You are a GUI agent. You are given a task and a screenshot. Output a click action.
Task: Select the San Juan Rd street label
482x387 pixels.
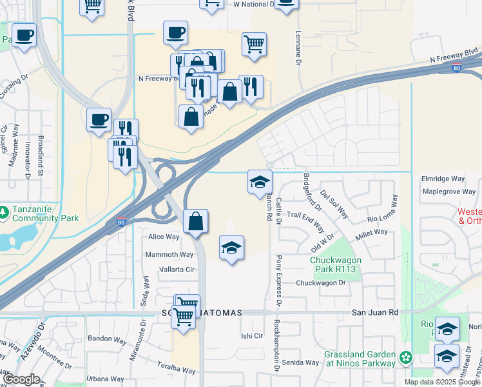click(x=375, y=312)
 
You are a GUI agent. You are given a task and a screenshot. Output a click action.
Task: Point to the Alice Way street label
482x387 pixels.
click(x=164, y=237)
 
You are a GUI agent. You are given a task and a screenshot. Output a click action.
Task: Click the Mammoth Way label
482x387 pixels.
click(x=169, y=255)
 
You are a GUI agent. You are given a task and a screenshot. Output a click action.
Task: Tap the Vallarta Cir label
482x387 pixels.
click(x=177, y=270)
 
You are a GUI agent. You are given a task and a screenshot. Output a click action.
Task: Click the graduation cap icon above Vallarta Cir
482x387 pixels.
click(x=231, y=248)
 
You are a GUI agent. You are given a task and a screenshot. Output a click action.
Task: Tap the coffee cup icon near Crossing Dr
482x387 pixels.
click(x=24, y=35)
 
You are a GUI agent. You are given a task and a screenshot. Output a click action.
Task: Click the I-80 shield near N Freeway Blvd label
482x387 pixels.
click(x=456, y=67)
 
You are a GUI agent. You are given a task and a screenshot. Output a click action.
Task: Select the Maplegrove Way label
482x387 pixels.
click(x=448, y=192)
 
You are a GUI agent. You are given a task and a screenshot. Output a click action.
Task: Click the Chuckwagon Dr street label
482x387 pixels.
click(x=321, y=283)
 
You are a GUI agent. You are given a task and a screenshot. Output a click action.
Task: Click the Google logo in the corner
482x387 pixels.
click(x=21, y=379)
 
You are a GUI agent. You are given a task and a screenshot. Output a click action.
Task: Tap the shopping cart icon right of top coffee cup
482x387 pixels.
click(x=255, y=45)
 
